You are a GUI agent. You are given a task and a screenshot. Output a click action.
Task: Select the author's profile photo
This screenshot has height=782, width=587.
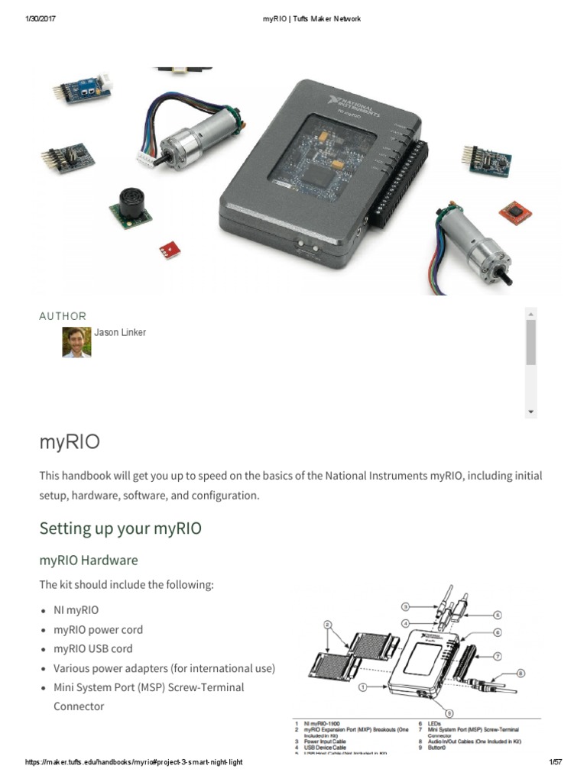pyautogui.click(x=76, y=342)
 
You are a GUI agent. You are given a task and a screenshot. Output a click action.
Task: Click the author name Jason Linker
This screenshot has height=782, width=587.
pyautogui.click(x=119, y=332)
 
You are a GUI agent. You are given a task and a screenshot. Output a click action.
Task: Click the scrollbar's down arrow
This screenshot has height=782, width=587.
pyautogui.click(x=530, y=412)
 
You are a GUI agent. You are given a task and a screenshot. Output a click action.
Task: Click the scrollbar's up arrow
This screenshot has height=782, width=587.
pyautogui.click(x=530, y=312)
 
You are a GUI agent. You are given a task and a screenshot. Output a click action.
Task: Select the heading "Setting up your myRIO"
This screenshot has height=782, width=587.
pyautogui.click(x=120, y=528)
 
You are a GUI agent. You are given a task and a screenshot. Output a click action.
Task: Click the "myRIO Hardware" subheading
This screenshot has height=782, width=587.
pyautogui.click(x=89, y=560)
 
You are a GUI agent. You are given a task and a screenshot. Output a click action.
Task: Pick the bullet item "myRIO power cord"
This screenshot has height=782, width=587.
pyautogui.click(x=98, y=630)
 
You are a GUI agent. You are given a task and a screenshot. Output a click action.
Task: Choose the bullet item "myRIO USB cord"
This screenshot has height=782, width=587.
pyautogui.click(x=92, y=649)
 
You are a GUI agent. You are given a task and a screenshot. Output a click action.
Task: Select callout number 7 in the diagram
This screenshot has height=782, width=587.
pyautogui.click(x=497, y=655)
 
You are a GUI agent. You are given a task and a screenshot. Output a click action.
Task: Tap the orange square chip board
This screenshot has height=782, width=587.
pyautogui.click(x=514, y=211)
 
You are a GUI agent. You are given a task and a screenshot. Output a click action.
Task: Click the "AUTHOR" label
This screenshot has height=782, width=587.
pyautogui.click(x=63, y=316)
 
